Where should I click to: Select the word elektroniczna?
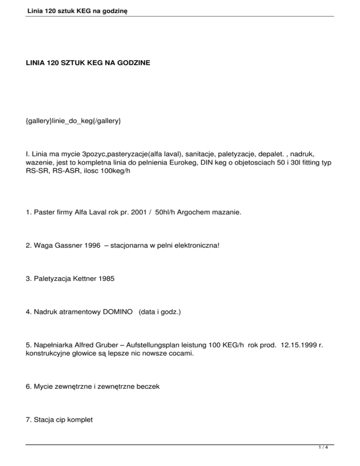pyautogui.click(x=193, y=245)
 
